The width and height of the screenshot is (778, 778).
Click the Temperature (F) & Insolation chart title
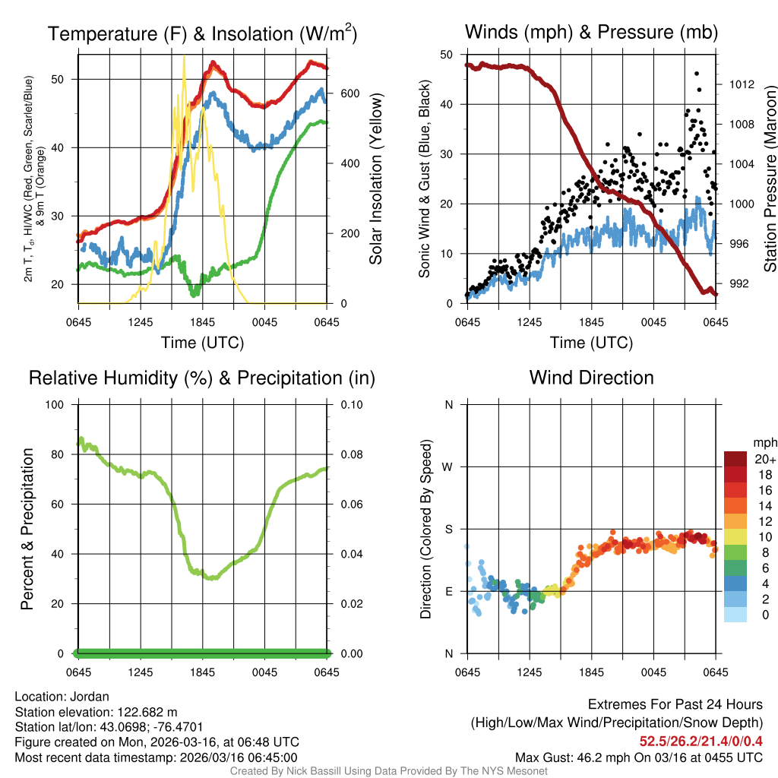tap(202, 33)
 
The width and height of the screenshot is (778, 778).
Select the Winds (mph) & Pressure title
tap(591, 32)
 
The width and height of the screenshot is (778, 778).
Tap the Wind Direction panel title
tap(591, 378)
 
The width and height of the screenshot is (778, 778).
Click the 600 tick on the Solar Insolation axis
tap(349, 93)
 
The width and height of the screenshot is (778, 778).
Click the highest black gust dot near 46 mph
tap(696, 74)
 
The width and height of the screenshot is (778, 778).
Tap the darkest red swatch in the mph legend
tap(735, 459)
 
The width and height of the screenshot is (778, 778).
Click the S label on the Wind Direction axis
tap(449, 529)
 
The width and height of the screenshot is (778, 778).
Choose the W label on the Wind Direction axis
tap(448, 466)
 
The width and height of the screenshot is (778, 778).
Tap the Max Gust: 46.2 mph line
tap(639, 757)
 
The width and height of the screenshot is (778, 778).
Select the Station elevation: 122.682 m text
tap(96, 712)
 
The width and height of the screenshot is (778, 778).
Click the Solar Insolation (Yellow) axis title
tap(376, 179)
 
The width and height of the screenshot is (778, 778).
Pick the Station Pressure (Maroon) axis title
tap(770, 179)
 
